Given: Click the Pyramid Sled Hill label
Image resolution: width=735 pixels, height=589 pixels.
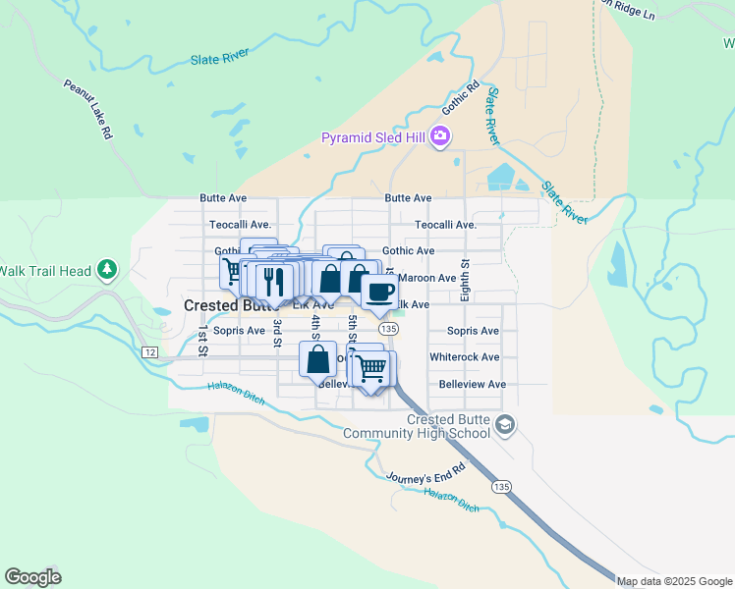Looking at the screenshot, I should click(373, 137).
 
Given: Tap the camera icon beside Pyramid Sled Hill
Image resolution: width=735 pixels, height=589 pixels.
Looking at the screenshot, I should click(441, 136).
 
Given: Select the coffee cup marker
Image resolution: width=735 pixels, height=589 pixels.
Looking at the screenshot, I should click(379, 291).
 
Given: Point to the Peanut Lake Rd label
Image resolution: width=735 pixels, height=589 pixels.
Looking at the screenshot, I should click(88, 109).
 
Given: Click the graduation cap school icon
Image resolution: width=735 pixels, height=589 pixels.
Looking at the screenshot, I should click(505, 425).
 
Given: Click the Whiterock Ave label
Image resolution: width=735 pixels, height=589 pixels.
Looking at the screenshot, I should click(464, 357).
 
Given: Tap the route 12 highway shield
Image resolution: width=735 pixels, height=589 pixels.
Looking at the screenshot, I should click(149, 351).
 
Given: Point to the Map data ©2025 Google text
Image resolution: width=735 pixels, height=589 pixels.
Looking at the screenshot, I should click(674, 581).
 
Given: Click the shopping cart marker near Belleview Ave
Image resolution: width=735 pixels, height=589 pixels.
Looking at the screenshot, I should click(371, 369).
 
